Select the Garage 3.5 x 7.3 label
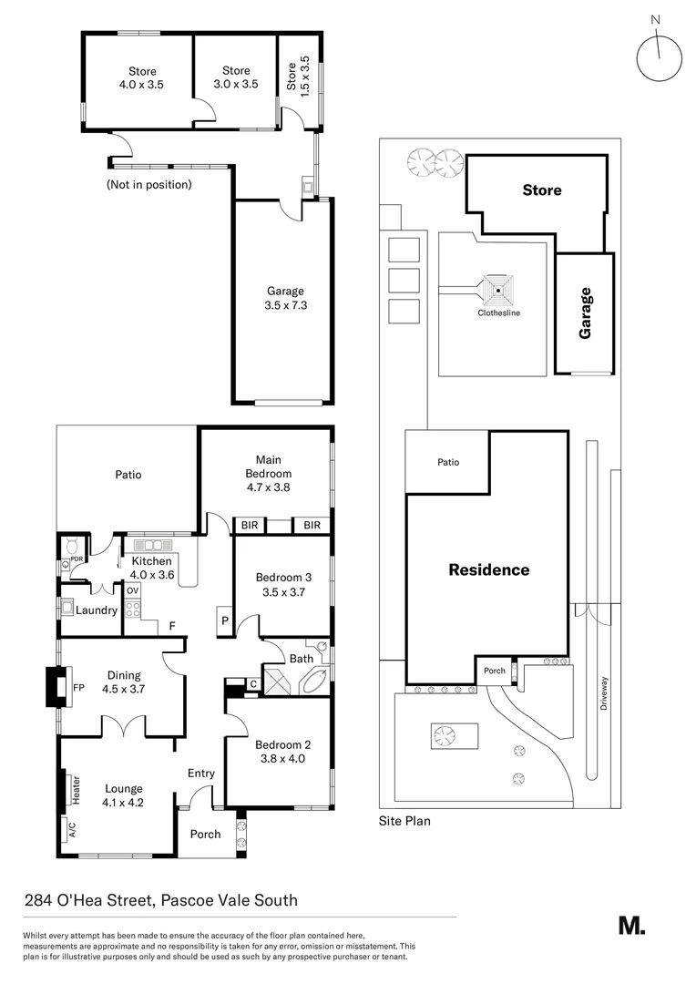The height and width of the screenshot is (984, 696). (x=286, y=299)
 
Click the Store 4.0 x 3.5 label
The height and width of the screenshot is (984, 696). (x=142, y=77)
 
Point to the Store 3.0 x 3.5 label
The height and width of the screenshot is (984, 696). (x=236, y=77)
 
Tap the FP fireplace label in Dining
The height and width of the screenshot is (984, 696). (x=78, y=689)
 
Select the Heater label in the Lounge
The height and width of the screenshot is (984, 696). (x=77, y=789)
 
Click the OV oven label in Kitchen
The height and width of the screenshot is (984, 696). (x=132, y=590)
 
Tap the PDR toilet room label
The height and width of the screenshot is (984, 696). (x=77, y=559)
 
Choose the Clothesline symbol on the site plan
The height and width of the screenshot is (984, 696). (x=498, y=292)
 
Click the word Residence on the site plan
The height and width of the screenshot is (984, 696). (x=488, y=570)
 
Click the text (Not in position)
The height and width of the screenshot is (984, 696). (x=149, y=185)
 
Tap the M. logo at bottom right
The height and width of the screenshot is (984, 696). (x=631, y=925)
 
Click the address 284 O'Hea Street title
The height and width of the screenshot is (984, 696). (x=160, y=901)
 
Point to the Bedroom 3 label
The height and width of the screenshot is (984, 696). (x=283, y=584)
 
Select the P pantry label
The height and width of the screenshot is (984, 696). (x=224, y=622)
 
